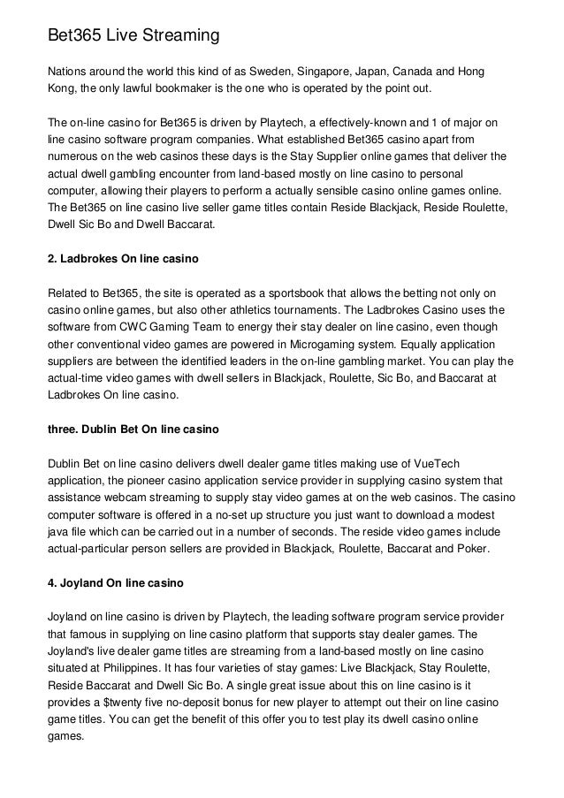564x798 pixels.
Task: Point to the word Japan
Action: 400,72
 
